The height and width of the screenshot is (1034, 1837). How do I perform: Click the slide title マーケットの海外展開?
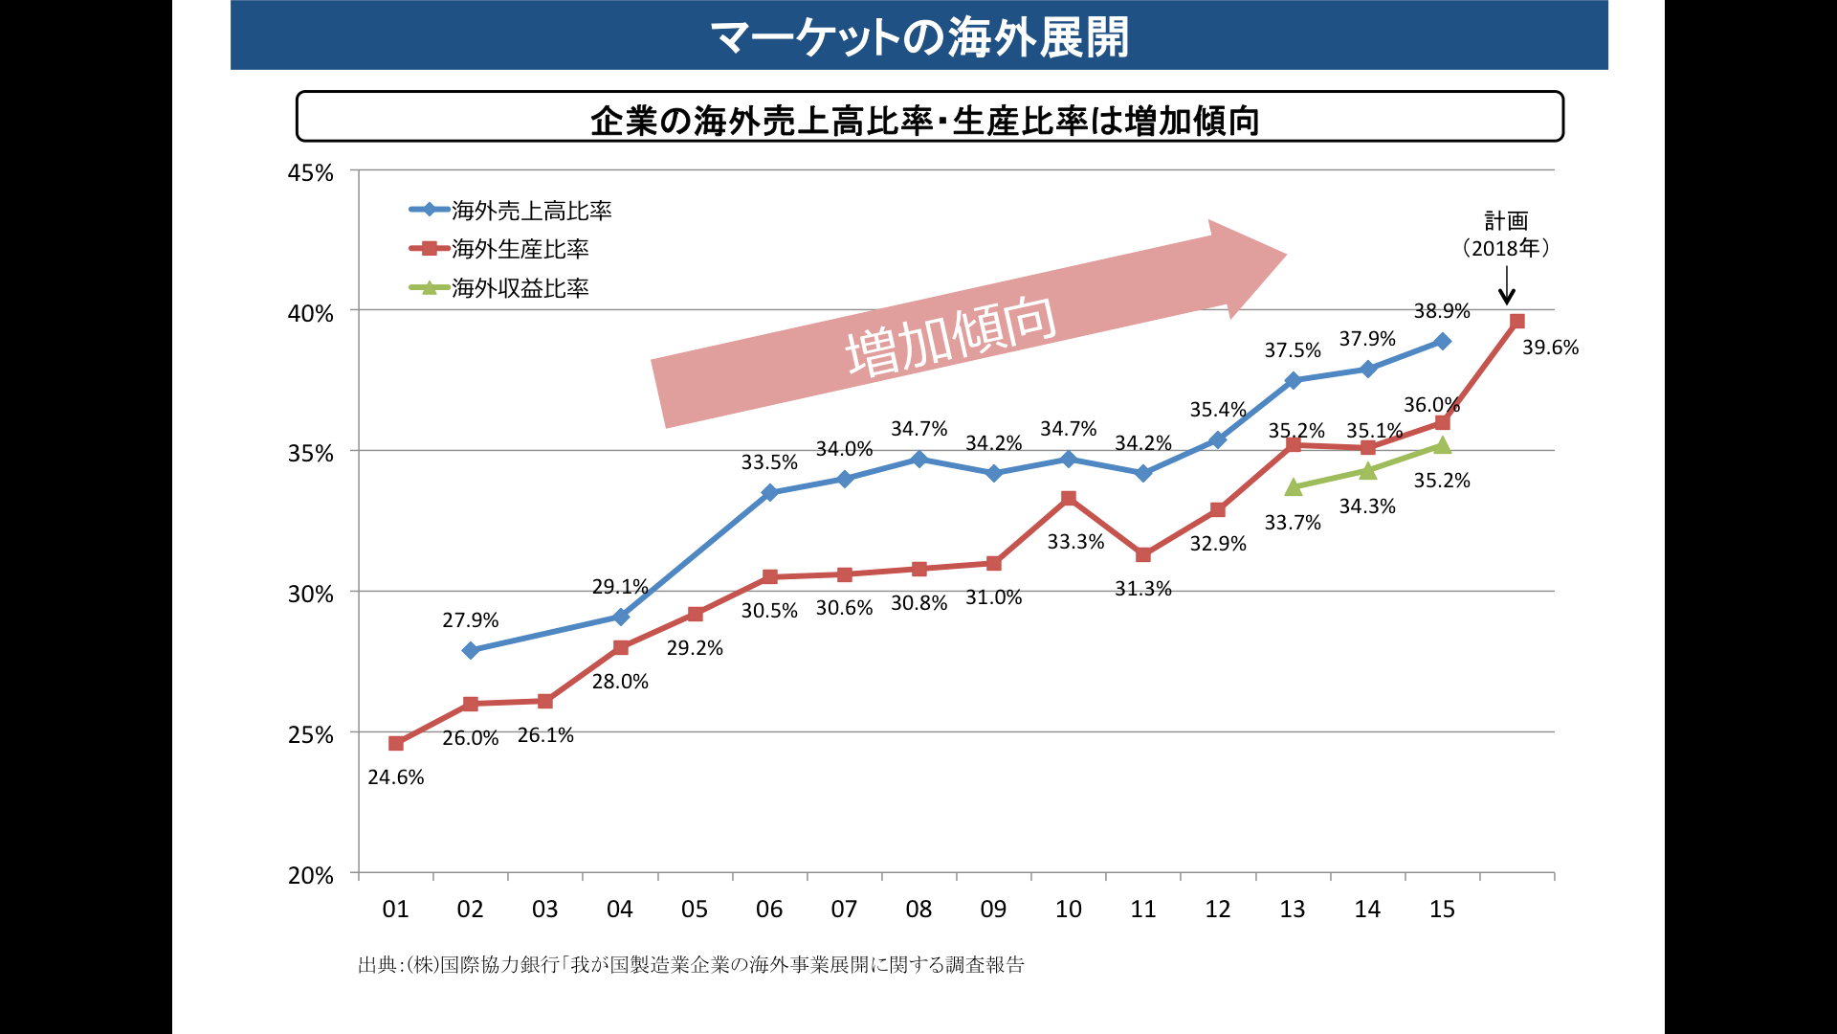pyautogui.click(x=919, y=37)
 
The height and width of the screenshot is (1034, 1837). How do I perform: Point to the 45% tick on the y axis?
pyautogui.click(x=311, y=173)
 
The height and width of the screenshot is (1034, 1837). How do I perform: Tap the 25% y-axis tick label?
pyautogui.click(x=311, y=735)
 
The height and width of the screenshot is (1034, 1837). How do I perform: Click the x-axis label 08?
pyautogui.click(x=918, y=910)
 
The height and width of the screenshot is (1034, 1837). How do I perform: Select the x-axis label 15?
pyautogui.click(x=1442, y=910)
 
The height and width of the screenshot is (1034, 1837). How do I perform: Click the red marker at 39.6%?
pyautogui.click(x=1516, y=322)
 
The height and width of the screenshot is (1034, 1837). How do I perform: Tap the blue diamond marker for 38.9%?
pyautogui.click(x=1442, y=341)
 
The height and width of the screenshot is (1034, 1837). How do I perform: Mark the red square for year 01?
pyautogui.click(x=396, y=743)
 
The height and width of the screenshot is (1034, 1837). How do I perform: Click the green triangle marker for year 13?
pyautogui.click(x=1294, y=487)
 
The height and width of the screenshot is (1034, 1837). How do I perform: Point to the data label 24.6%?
pyautogui.click(x=396, y=777)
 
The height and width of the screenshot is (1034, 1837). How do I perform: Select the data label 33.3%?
pyautogui.click(x=1075, y=542)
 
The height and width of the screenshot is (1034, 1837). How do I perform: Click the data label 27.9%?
pyautogui.click(x=471, y=620)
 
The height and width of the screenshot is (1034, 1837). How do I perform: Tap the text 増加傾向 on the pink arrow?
pyautogui.click(x=951, y=335)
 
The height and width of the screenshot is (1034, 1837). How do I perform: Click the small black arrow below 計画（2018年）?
pyautogui.click(x=1507, y=285)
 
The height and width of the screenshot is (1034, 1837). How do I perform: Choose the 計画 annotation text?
pyautogui.click(x=1507, y=221)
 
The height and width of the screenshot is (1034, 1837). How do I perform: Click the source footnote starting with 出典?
pyautogui.click(x=691, y=965)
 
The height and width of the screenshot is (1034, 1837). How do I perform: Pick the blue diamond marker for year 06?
pyautogui.click(x=769, y=493)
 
